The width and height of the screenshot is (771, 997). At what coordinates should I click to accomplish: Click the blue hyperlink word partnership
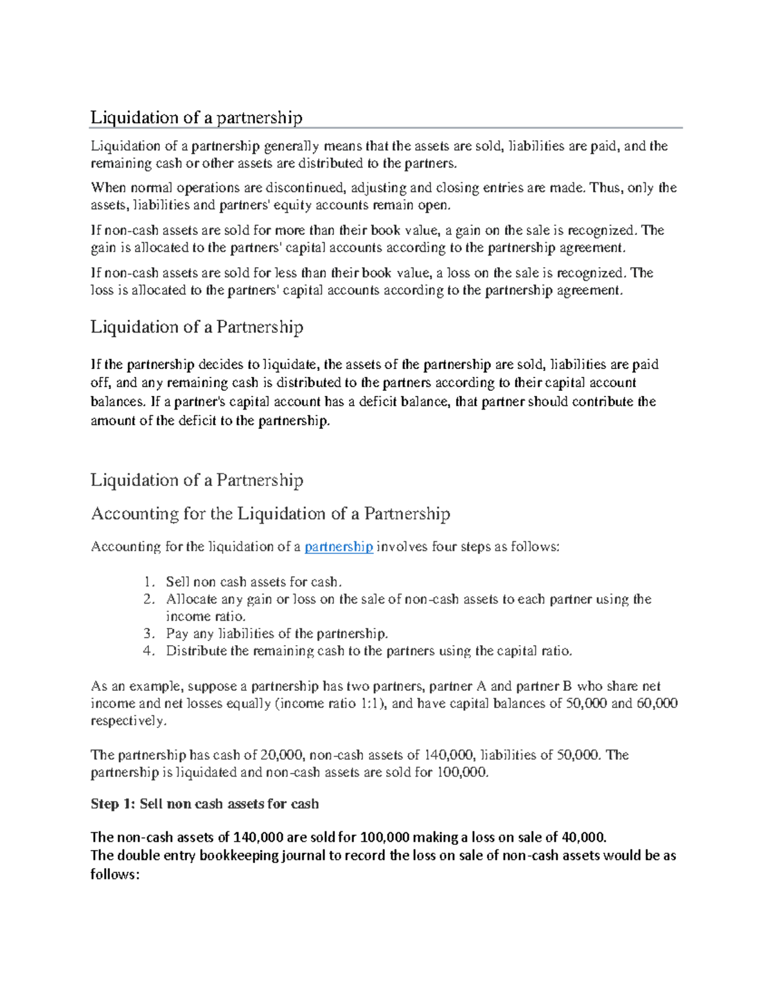coord(339,547)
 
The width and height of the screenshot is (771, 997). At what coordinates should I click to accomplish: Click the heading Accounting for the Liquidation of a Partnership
coord(270,514)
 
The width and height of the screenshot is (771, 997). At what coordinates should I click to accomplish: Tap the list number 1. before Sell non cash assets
coord(149,582)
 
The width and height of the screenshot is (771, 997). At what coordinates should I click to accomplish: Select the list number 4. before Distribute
coord(149,651)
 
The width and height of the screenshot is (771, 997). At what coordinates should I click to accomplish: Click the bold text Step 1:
coord(113,804)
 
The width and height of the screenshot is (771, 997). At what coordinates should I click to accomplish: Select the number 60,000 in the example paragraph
coord(657,704)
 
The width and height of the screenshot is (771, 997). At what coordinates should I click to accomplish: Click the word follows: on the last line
coord(115,874)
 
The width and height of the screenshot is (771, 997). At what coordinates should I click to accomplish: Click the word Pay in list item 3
coord(177,634)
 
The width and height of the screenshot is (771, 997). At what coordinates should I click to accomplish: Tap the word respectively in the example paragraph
coord(128,721)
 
